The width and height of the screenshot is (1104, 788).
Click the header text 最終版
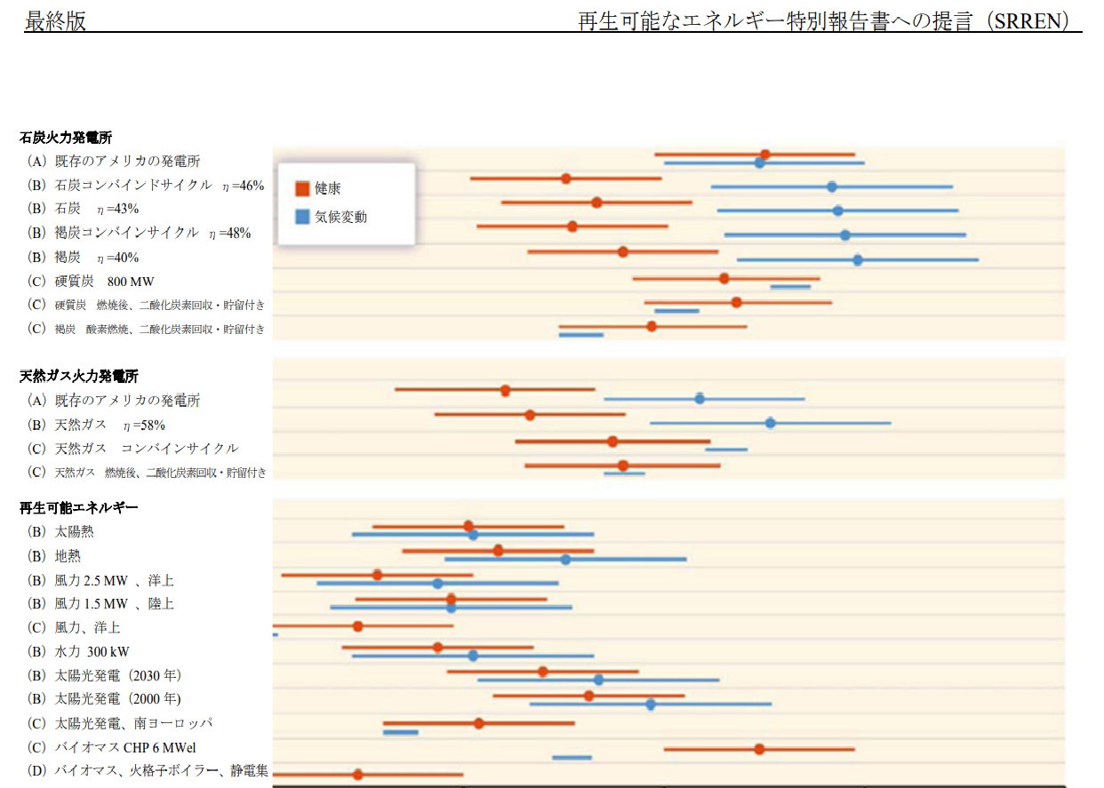[x=55, y=21]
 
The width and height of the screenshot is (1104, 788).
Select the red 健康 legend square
[x=302, y=188]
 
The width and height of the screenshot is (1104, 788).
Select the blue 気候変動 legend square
[x=302, y=217]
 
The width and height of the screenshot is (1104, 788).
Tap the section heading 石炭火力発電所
[x=66, y=138]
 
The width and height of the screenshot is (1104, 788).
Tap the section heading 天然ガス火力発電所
[x=79, y=377]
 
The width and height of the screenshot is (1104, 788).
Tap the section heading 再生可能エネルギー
[x=78, y=508]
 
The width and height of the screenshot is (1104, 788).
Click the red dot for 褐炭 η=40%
[x=623, y=252]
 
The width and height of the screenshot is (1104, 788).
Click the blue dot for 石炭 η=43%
[x=838, y=211]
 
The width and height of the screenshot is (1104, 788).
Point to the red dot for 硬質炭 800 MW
[x=724, y=278]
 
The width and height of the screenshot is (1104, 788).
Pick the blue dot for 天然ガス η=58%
[x=771, y=423]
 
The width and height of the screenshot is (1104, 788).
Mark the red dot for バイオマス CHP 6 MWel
[x=760, y=749]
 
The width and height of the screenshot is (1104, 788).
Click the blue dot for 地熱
[x=566, y=559]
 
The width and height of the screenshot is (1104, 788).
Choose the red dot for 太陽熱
[x=468, y=527]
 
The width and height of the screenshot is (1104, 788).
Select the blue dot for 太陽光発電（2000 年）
[x=651, y=704]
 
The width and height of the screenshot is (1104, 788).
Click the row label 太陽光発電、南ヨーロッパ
[x=133, y=723]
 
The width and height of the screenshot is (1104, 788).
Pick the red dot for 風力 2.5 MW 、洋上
[x=378, y=575]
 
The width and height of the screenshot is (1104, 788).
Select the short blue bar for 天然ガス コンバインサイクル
[x=726, y=450]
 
